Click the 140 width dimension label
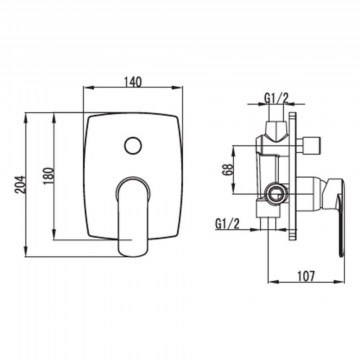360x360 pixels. pyautogui.click(x=133, y=82)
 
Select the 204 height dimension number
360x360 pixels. pyautogui.click(x=20, y=184)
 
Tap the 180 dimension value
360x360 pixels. pyautogui.click(x=49, y=175)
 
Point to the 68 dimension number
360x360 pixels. pyautogui.click(x=229, y=169)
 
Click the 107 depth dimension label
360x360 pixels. pyautogui.click(x=306, y=276)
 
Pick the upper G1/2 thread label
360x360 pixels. pyautogui.click(x=276, y=98)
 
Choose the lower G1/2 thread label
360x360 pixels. pyautogui.click(x=228, y=224)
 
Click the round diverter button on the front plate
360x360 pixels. pyautogui.click(x=133, y=145)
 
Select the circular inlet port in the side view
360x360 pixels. pyautogui.click(x=275, y=193)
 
